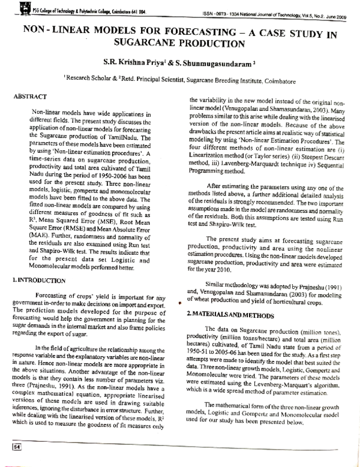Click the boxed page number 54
click(17, 447)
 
